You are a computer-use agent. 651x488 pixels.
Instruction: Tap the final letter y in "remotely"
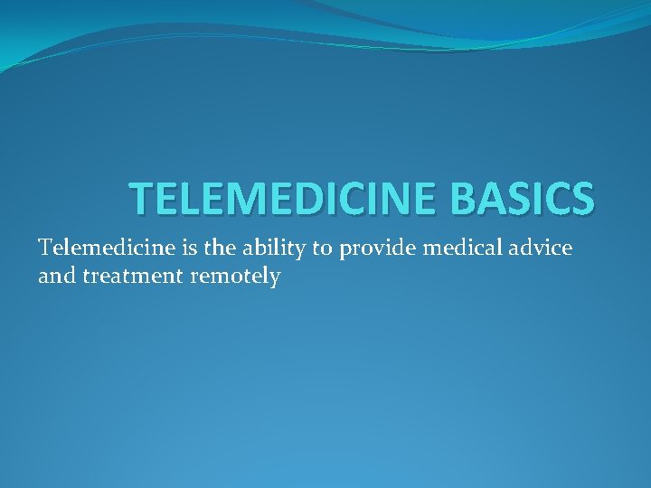pos(274,279)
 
